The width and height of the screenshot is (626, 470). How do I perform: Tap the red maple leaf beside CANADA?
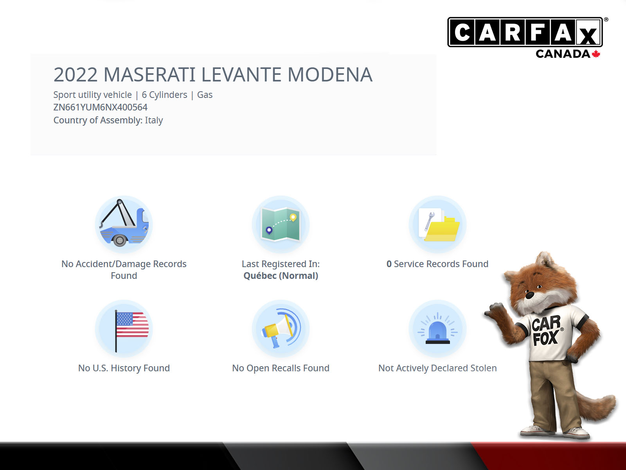pyautogui.click(x=596, y=54)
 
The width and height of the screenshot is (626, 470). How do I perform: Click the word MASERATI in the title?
pyautogui.click(x=149, y=75)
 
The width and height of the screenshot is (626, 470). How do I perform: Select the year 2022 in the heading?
pyautogui.click(x=76, y=75)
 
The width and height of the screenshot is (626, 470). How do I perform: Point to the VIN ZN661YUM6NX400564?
pyautogui.click(x=101, y=107)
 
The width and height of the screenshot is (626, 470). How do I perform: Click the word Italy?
pyautogui.click(x=154, y=120)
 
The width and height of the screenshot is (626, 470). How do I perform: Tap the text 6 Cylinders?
pyautogui.click(x=165, y=95)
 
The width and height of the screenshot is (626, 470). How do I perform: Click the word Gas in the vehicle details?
pyautogui.click(x=205, y=95)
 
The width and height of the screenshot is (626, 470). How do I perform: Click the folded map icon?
pyautogui.click(x=281, y=224)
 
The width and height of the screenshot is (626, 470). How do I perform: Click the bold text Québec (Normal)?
pyautogui.click(x=281, y=276)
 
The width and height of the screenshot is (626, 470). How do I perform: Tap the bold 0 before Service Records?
pyautogui.click(x=389, y=264)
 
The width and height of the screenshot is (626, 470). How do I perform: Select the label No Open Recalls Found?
pyautogui.click(x=281, y=368)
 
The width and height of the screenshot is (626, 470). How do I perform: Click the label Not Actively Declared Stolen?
pyautogui.click(x=437, y=368)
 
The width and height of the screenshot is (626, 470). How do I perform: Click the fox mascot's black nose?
pyautogui.click(x=530, y=295)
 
